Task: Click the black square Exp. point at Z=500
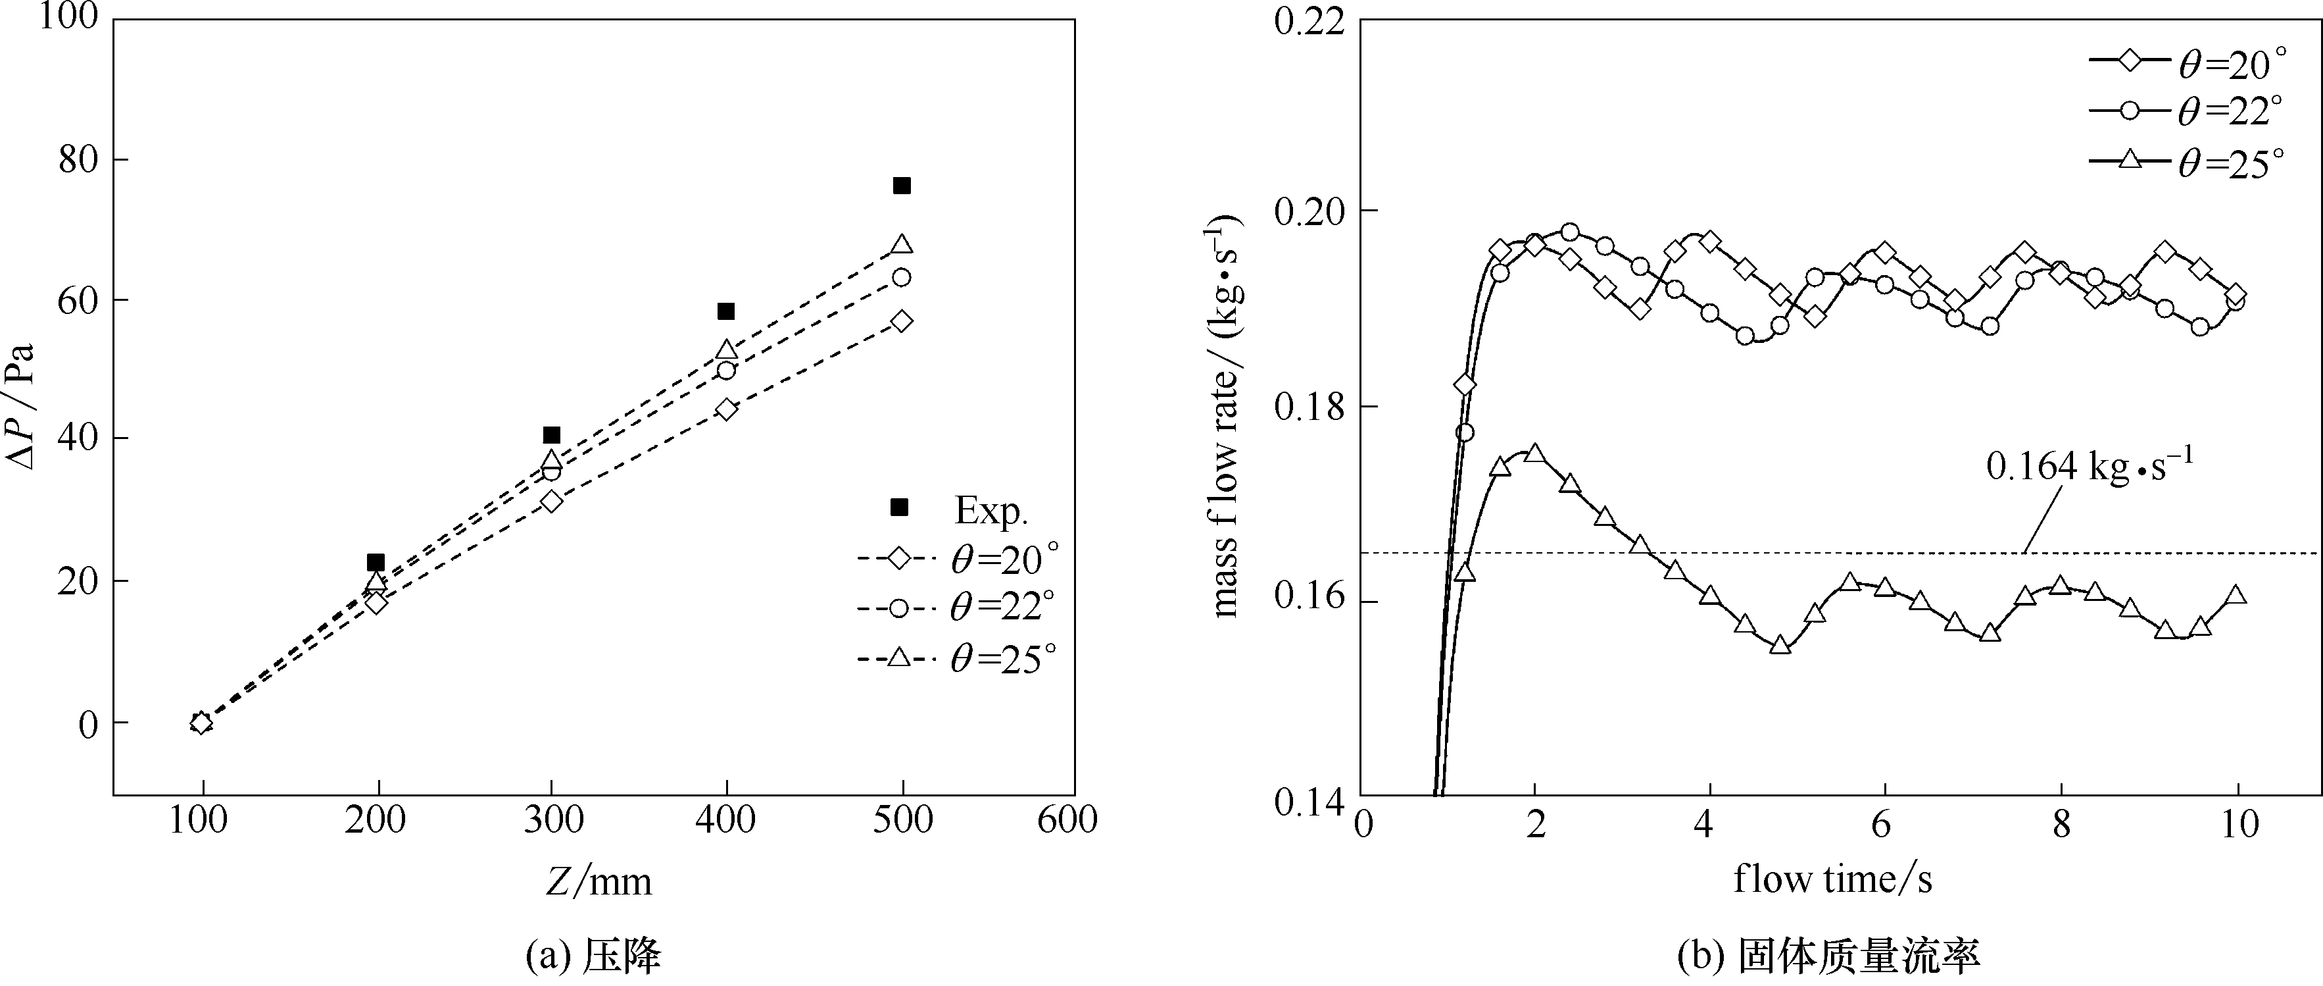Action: (x=901, y=186)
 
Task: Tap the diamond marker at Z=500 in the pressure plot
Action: (x=901, y=321)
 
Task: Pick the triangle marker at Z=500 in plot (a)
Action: (x=901, y=244)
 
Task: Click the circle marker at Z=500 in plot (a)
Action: (x=901, y=277)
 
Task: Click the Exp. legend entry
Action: (x=956, y=509)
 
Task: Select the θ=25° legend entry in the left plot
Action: (x=956, y=658)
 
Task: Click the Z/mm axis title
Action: (x=598, y=881)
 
